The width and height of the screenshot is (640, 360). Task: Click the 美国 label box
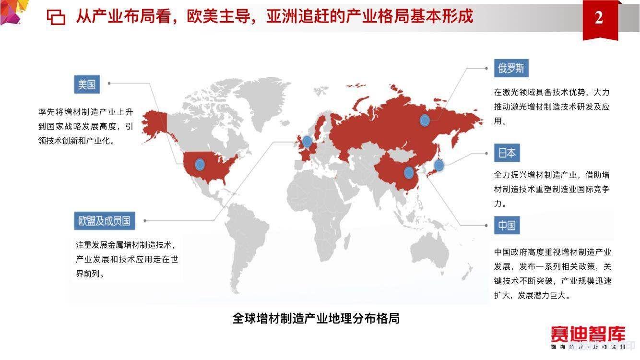[x=87, y=85]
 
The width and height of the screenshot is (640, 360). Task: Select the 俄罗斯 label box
[x=511, y=69]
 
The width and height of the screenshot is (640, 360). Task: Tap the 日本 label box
[x=507, y=153]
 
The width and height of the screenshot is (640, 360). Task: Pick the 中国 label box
[x=507, y=225]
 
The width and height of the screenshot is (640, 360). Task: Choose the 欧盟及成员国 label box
[x=104, y=221]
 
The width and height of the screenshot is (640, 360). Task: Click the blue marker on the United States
[x=200, y=165]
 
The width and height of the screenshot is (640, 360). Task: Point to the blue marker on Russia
[x=425, y=120]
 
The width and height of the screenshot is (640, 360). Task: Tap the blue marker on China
[x=409, y=173]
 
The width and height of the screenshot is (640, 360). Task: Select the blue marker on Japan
[x=439, y=166]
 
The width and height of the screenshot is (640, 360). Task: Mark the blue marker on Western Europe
[x=307, y=141]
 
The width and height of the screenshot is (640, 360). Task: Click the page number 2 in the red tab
[x=599, y=18]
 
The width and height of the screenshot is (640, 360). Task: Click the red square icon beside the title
[x=56, y=17]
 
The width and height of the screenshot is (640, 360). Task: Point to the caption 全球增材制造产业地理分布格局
[x=316, y=318]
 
